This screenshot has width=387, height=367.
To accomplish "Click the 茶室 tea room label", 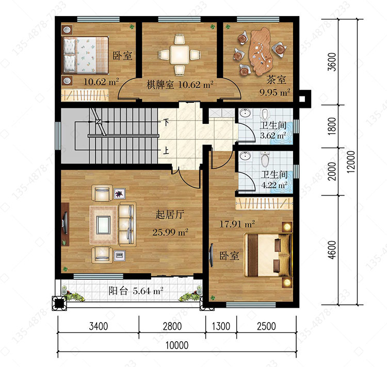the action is coord(276,80).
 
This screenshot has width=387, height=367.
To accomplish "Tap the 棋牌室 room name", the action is coord(160,85).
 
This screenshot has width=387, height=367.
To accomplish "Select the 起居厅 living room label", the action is coord(170,215).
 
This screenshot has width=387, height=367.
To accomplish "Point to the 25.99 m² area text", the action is coord(170,232).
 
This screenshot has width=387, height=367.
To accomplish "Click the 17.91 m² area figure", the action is coord(237,224).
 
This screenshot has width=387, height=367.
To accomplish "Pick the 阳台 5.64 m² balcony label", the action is coord(136,291).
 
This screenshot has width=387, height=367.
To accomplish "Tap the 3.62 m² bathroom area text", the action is coord(273,135).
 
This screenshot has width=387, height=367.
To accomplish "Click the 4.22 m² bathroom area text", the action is coord(274,185).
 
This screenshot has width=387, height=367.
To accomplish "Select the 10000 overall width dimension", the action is coord(177,345).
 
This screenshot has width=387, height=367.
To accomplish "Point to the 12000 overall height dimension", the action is coord(351,162).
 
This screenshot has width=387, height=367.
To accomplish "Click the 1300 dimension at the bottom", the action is coord(221,326).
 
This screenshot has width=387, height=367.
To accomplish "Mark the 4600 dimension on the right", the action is coord(332,250).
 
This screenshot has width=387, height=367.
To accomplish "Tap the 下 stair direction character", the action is coord(167,122).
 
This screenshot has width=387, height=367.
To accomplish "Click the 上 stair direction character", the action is coord(166,150).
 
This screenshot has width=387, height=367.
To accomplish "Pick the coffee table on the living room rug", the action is coord(103,225).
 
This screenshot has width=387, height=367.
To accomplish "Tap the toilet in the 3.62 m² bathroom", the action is coord(265,115).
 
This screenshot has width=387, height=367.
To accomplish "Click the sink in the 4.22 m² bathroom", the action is coord(245,155).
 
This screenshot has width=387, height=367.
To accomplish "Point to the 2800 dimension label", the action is coord(172,326).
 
